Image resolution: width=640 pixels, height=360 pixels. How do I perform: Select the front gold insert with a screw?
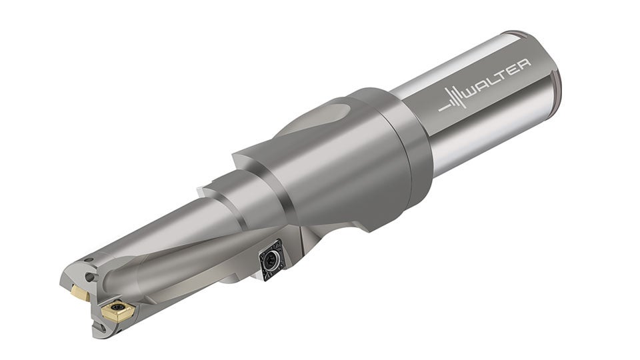pyautogui.click(x=117, y=311)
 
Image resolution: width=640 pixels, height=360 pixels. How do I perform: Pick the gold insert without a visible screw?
pyautogui.click(x=80, y=293)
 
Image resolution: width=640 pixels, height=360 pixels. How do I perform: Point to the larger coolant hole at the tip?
pyautogui.click(x=92, y=277)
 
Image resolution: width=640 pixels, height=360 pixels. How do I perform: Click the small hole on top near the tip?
pyautogui.click(x=87, y=259)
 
